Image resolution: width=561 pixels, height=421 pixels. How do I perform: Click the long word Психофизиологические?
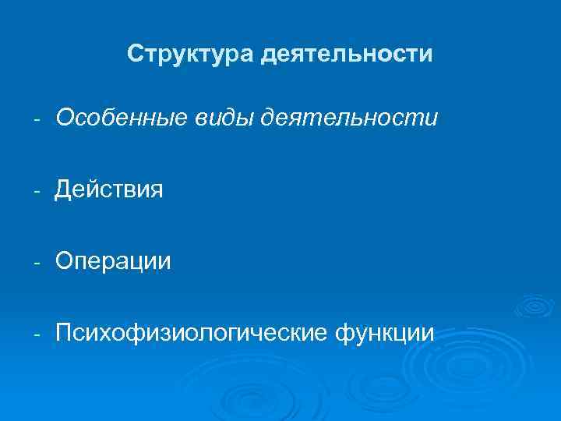(192, 334)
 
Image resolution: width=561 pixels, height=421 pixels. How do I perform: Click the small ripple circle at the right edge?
(537, 306)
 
